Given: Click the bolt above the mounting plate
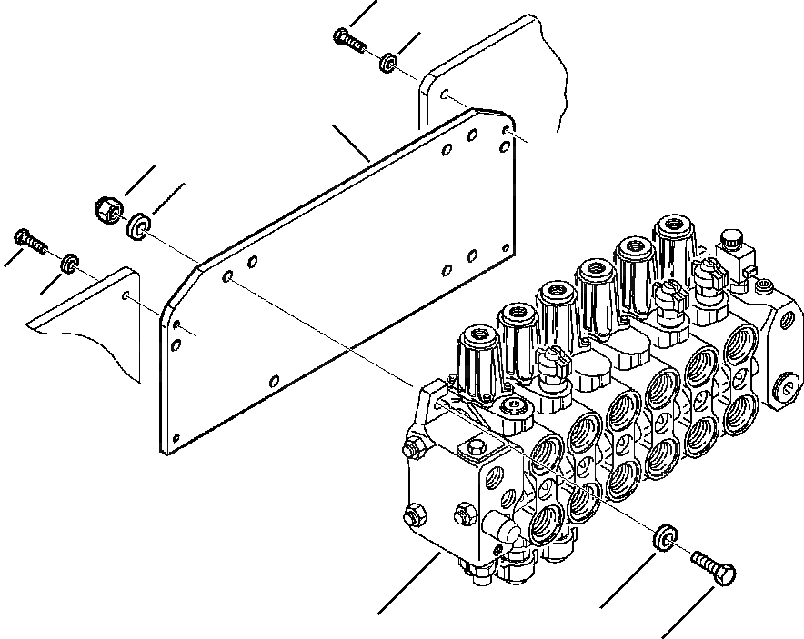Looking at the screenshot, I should coord(349,40).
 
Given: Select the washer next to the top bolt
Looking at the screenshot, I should coord(387,63).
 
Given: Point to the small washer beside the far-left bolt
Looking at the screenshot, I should coord(67,264).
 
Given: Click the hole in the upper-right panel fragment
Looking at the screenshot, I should coord(443,94).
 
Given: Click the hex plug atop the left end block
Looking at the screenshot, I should coord(474,448).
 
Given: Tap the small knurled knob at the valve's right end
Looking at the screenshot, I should coord(732,241).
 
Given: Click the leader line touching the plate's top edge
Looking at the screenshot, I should coord(351,144).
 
